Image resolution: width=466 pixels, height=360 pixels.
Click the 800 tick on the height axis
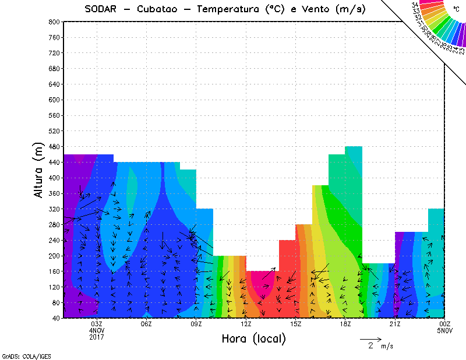pos(55,22)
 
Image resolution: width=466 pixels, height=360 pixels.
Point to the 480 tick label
pos(55,147)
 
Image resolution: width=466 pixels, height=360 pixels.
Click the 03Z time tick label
pos(97,324)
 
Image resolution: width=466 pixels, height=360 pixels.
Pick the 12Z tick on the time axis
pos(246,324)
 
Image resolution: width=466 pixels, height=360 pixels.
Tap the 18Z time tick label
pos(345,324)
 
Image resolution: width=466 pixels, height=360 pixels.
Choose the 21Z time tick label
pos(395,324)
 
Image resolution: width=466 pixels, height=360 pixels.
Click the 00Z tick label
pos(445,324)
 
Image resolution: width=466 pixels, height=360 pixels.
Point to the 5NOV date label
pos(445,330)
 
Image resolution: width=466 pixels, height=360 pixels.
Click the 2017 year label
pos(97,337)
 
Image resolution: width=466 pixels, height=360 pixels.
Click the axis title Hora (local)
pos(253,338)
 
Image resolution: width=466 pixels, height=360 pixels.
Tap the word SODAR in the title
pos(101,9)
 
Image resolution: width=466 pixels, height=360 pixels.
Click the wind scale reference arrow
pos(370,338)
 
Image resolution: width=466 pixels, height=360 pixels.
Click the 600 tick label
pos(55,100)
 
